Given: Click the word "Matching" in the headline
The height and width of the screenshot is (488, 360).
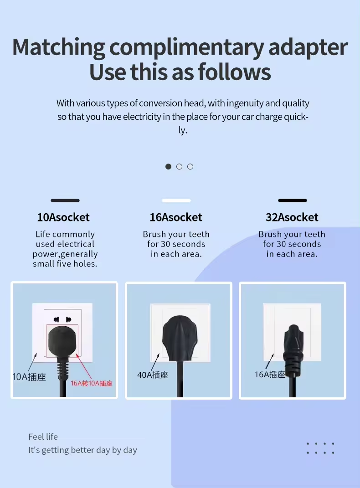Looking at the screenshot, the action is coord(58,48).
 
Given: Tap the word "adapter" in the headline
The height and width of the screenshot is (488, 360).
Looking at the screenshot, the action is coord(308,48).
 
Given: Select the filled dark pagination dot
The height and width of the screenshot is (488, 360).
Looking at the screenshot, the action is coord(168,166).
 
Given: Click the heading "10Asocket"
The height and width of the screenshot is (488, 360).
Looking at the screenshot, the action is coord(63,217).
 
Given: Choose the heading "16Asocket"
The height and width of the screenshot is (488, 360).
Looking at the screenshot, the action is coord(176,217).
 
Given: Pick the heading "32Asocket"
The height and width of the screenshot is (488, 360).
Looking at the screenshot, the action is coord(292,217).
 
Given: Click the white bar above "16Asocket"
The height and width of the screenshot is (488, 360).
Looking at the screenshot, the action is coord(176,200).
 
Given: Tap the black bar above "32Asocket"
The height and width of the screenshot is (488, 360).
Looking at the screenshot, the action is coord(293,200).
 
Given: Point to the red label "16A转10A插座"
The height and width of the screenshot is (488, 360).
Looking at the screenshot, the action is coord(92,384).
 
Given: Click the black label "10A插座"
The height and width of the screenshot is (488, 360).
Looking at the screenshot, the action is coord(29,377).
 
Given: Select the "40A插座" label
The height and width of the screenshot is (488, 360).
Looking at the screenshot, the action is coord(153,375).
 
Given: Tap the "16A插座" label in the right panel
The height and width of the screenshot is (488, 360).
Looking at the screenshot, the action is coord(270,375).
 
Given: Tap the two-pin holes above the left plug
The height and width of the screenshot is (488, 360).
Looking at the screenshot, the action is coord(62,319).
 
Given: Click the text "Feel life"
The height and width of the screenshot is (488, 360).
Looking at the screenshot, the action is coord(43,437).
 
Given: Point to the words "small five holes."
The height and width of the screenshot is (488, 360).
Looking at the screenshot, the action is coord(65,264).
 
